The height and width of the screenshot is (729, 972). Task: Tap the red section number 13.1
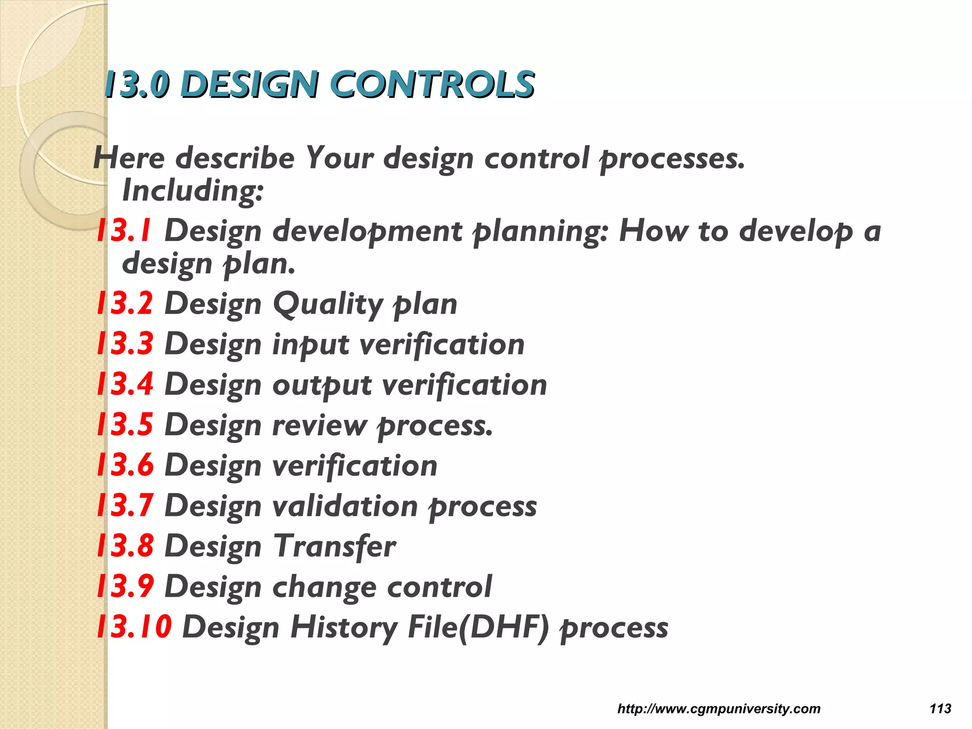[124, 231]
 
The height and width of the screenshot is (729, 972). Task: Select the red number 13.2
[125, 303]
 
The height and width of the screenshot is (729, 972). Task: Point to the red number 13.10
[134, 626]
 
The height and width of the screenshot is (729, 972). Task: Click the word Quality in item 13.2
[327, 304]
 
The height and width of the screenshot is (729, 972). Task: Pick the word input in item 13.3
[311, 345]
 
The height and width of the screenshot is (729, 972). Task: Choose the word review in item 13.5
[320, 425]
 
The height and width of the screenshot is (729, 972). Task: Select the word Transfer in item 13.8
[335, 546]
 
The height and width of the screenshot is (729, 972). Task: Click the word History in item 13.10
[344, 627]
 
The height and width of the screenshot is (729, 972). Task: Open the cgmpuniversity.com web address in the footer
[719, 709]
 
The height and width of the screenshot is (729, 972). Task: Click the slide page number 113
[940, 709]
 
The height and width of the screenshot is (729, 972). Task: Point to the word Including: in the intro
[193, 191]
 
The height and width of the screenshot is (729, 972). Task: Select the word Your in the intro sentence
[339, 158]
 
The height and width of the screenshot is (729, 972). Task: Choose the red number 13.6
[125, 465]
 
